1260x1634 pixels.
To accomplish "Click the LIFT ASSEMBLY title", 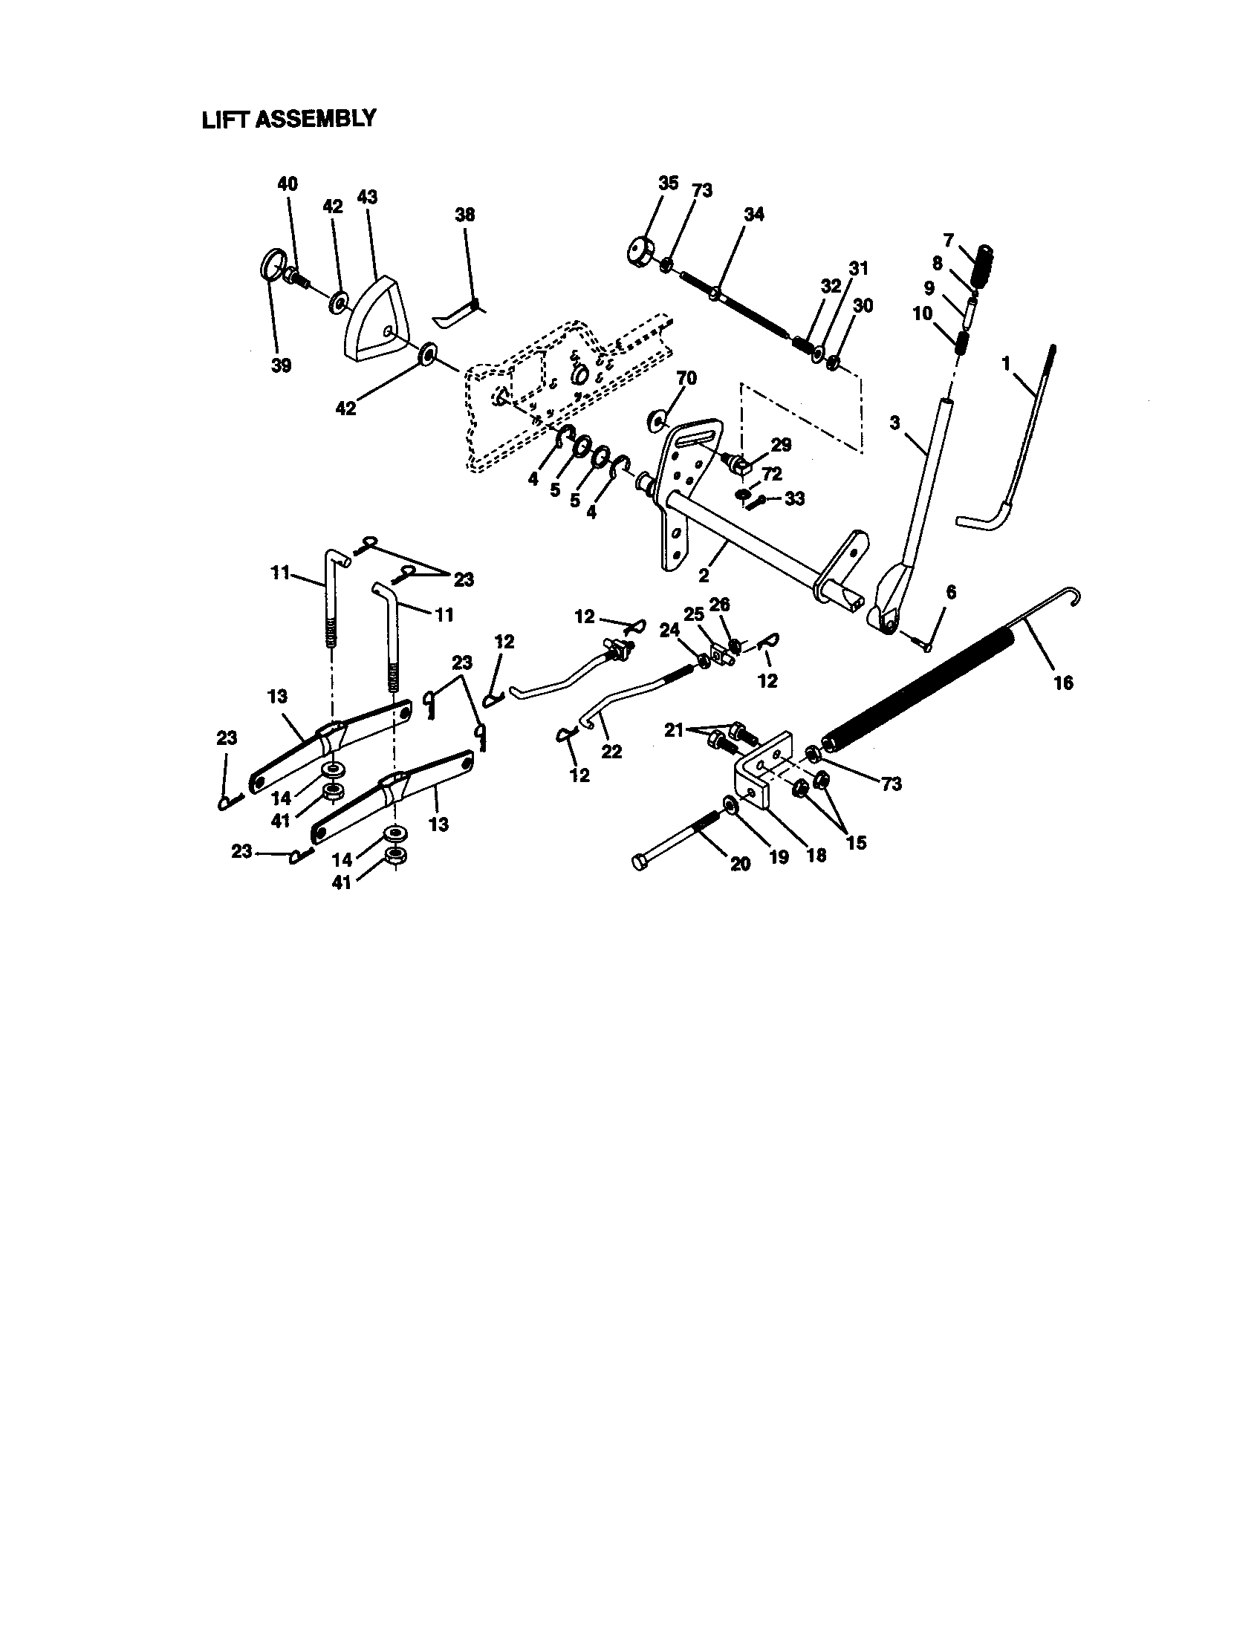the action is coord(289,119).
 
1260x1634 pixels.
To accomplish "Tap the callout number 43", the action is coord(366,198).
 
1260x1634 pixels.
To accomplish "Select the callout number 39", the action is coord(282,366).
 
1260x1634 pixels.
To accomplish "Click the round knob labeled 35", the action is coord(640,250).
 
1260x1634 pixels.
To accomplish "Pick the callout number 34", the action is coord(754,214).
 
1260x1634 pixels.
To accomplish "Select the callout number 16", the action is coord(1062,683).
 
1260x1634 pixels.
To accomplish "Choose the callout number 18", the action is coord(816,854).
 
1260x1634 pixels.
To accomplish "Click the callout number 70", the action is coord(686,379).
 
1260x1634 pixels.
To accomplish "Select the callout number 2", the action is coord(704,577).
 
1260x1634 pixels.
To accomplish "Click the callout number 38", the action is coord(464,215).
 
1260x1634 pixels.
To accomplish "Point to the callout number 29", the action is coord(780,445).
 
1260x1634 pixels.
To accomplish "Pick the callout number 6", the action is coord(951,593).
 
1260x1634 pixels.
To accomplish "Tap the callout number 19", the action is coord(779,857).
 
